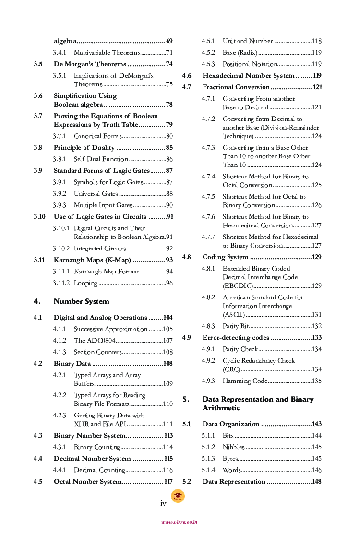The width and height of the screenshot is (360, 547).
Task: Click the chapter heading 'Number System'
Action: tap(81, 301)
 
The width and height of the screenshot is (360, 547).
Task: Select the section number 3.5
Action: tap(38, 64)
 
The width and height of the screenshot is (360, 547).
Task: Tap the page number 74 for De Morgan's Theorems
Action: tap(169, 64)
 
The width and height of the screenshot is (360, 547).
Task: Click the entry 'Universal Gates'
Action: tap(96, 194)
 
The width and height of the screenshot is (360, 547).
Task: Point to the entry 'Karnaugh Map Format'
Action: tap(106, 272)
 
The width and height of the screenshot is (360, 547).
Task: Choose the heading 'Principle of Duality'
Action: tap(84, 148)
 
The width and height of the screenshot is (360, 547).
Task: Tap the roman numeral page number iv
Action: tap(163, 503)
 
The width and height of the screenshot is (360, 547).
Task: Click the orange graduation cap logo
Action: tap(178, 496)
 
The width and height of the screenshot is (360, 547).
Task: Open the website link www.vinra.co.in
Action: tap(179, 522)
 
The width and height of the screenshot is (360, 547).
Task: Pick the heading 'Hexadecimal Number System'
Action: tap(248, 76)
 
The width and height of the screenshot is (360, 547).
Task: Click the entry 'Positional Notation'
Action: tap(250, 64)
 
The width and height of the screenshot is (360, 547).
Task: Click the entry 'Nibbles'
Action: tap(233, 447)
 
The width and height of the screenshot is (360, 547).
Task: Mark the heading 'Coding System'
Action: tap(225, 257)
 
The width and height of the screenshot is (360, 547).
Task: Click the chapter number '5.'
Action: tap(186, 399)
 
